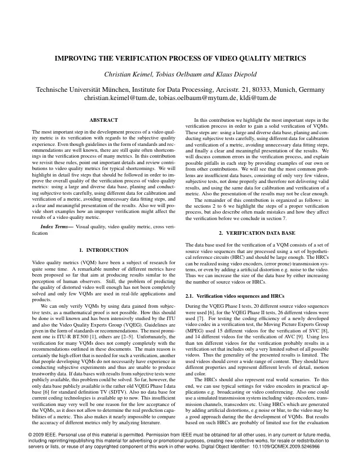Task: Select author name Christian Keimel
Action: pos(127,74)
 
